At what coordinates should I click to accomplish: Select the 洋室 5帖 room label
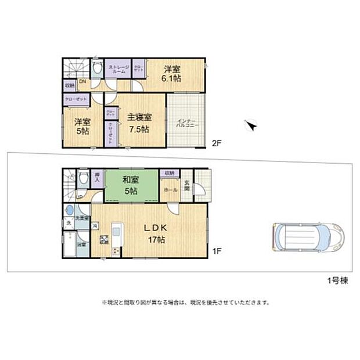coord(82,127)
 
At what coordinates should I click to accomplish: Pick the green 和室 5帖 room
coord(131,185)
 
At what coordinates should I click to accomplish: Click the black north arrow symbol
coord(251,124)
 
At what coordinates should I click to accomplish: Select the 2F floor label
coord(217,142)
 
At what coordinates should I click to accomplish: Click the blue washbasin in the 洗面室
coord(70,211)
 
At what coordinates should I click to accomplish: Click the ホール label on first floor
coord(171,189)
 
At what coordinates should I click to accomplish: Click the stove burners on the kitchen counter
coord(116,251)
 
